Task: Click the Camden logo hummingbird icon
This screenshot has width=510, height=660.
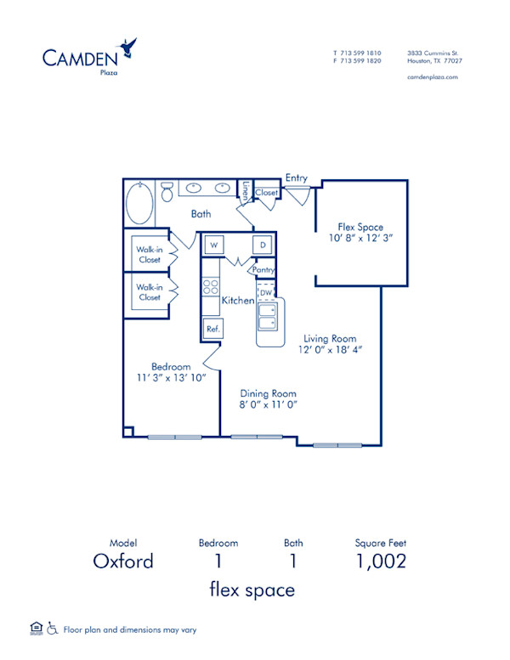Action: click(x=129, y=45)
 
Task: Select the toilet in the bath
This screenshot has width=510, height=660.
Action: click(x=167, y=191)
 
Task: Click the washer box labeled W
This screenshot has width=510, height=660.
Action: click(x=213, y=246)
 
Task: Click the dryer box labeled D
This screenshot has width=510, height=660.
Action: click(x=263, y=246)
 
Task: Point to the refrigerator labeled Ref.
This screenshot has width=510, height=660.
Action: click(x=212, y=328)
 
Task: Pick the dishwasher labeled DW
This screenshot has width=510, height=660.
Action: click(x=265, y=291)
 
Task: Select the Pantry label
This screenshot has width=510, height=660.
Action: click(x=262, y=269)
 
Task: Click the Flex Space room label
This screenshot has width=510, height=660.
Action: click(x=360, y=227)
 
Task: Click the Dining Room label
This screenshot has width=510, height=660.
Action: click(x=268, y=393)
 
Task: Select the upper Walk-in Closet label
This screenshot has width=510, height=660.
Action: click(x=149, y=254)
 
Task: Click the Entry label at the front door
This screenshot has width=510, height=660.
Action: click(x=297, y=178)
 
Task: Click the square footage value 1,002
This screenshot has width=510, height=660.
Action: click(x=380, y=561)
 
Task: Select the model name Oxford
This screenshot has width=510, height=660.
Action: click(x=123, y=561)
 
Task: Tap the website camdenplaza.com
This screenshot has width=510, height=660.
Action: click(x=433, y=76)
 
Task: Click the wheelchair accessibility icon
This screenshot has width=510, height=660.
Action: click(x=53, y=629)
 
